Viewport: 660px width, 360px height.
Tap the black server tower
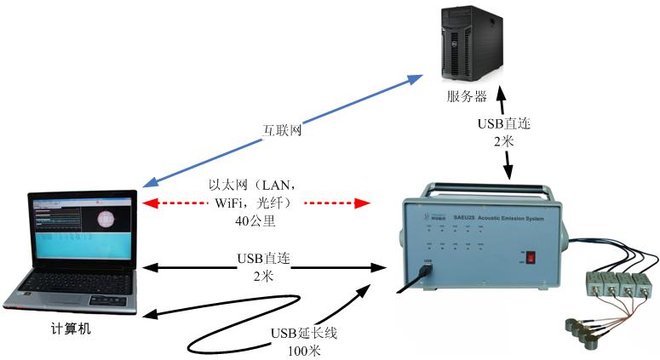click(x=468, y=43)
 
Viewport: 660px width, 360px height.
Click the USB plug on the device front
click(x=427, y=272)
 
